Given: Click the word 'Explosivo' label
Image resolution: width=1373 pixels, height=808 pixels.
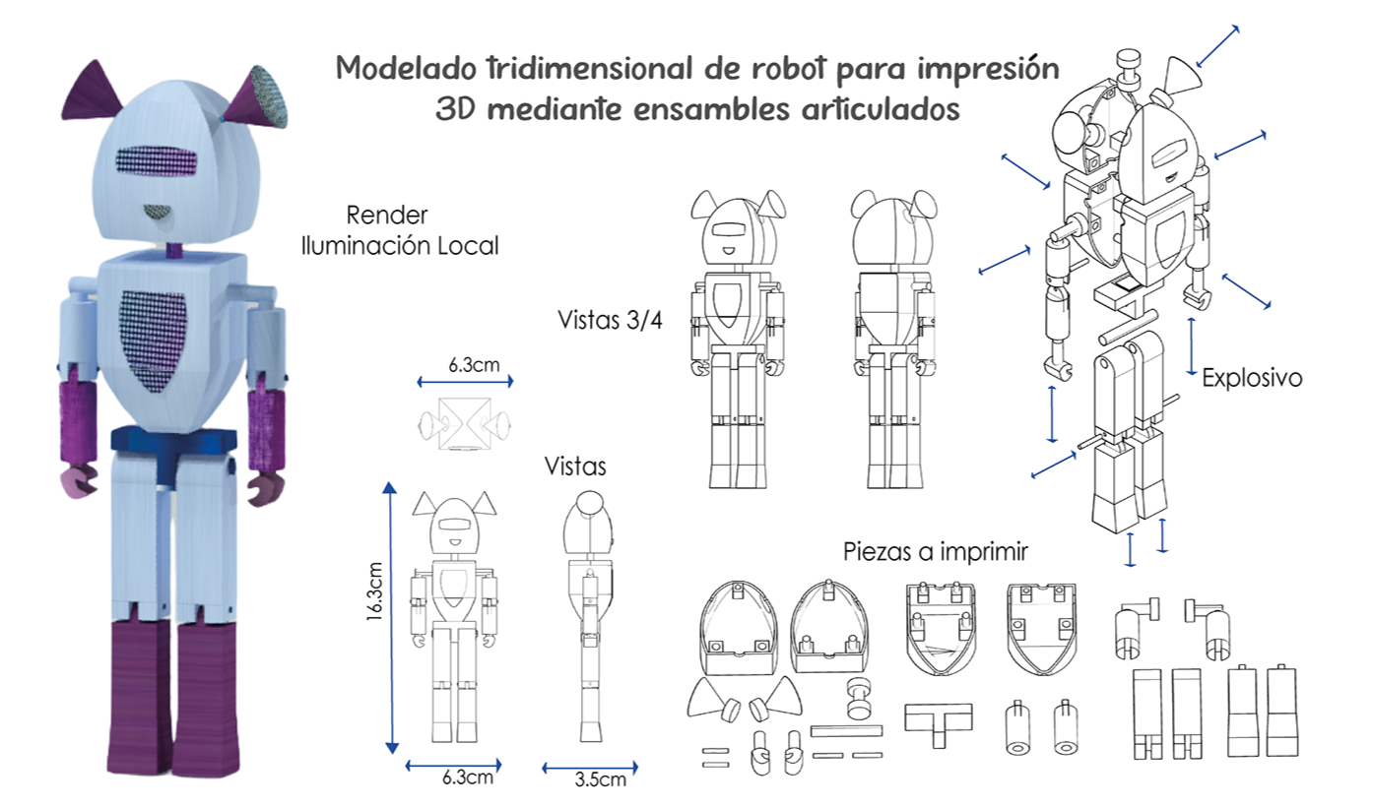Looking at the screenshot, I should (1252, 377).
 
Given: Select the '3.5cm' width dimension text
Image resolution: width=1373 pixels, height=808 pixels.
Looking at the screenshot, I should (599, 780).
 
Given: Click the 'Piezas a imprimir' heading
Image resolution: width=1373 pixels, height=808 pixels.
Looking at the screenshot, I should (935, 552).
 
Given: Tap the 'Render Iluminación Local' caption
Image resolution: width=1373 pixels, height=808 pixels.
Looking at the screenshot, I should (399, 230).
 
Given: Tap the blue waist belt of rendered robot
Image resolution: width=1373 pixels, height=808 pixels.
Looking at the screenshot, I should (172, 441).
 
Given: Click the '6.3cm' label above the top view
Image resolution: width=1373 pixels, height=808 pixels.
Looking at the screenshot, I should (474, 364).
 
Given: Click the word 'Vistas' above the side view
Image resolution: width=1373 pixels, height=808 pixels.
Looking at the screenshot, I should (575, 466).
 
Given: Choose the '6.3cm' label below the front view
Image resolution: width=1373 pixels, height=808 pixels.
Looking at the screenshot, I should (467, 777).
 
